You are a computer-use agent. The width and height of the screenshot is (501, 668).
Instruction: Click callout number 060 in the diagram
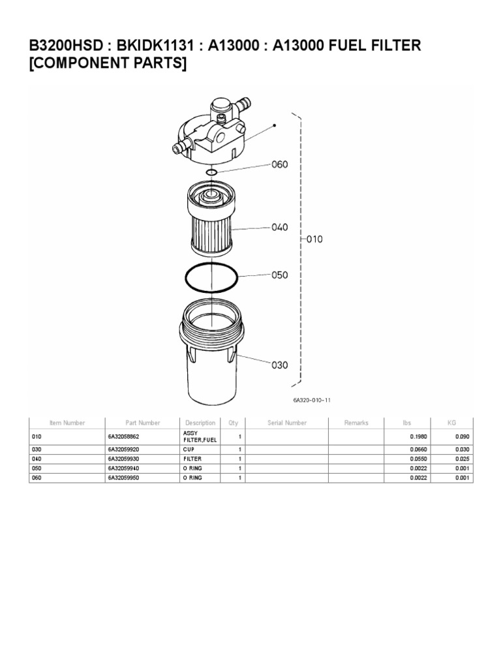point(279,165)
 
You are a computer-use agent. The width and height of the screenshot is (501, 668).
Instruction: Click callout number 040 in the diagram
point(279,228)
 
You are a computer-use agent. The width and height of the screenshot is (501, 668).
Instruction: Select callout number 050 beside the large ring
point(279,275)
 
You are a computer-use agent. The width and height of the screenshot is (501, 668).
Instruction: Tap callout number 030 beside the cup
point(279,365)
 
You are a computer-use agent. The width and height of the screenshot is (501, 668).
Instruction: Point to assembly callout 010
point(314,239)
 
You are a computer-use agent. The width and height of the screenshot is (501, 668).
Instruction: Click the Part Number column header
point(142,423)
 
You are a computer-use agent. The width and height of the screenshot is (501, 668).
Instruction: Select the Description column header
point(200,423)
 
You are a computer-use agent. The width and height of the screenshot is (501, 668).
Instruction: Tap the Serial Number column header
point(287,423)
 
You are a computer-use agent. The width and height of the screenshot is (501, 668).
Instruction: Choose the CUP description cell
point(189,449)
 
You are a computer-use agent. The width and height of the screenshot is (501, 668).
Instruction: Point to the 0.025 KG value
point(463,459)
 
